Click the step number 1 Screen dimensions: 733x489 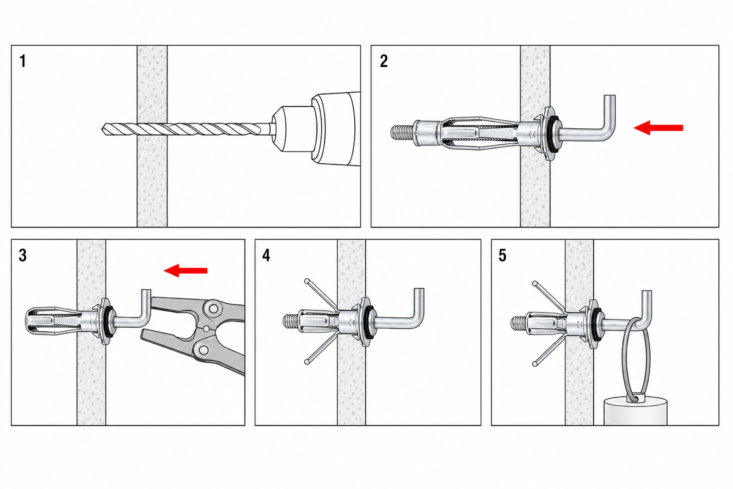point(23,61)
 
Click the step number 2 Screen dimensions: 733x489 point(384,61)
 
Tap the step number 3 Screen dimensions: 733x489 point(23,256)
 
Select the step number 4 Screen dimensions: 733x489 point(266,256)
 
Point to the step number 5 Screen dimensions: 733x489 point(502,256)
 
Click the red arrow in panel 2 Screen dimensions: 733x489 point(658,128)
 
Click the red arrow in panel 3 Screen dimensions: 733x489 point(186,270)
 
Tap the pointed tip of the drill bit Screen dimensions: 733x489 point(103,129)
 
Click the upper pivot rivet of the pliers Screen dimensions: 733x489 point(213,308)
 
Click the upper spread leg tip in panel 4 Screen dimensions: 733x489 point(307,281)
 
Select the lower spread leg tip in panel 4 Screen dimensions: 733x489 point(307,362)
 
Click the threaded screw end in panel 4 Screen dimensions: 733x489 point(290,322)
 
